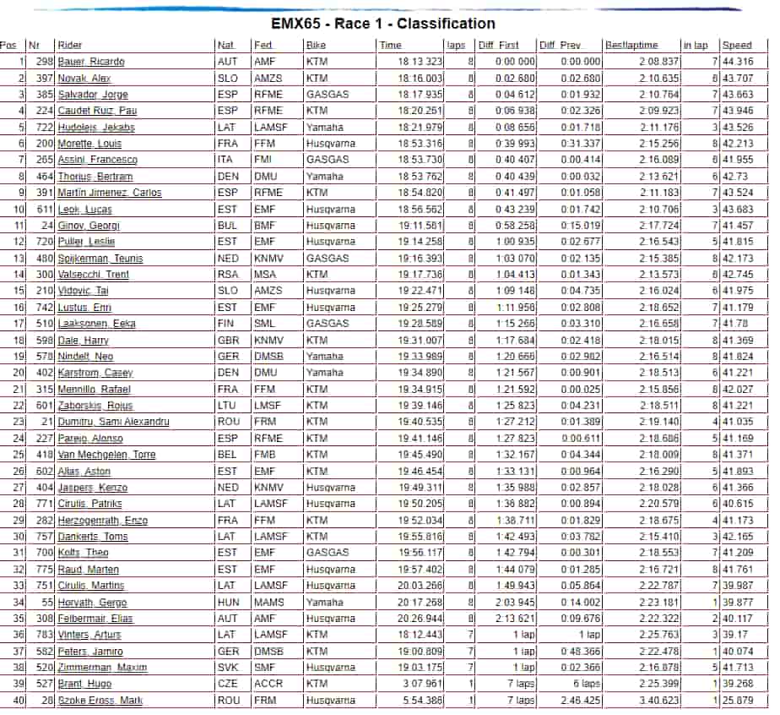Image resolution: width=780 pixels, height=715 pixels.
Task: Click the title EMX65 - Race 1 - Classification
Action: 382,24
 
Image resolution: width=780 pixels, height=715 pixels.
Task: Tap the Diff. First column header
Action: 498,46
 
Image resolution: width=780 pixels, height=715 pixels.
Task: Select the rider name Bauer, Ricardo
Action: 91,62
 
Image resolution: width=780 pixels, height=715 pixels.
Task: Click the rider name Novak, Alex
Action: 84,78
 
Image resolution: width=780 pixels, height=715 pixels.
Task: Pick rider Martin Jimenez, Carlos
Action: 109,193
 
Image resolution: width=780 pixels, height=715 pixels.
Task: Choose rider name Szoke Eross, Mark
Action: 100,701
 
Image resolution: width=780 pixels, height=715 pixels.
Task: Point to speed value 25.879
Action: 738,701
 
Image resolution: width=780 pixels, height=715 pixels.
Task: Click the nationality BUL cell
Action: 227,226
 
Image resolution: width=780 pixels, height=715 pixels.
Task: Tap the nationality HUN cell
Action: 228,603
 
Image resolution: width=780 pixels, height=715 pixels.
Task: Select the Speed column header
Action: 737,46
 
